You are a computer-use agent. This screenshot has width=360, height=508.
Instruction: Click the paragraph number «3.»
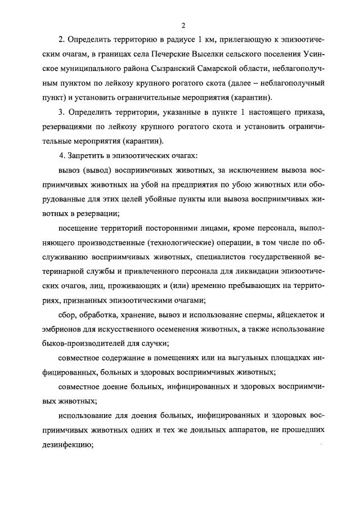pos(62,113)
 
